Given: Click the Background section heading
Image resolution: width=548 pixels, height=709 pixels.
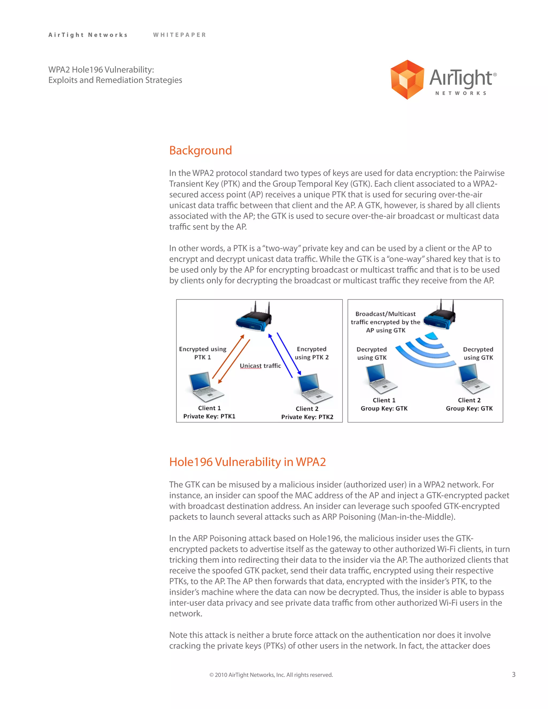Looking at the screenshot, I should pyautogui.click(x=200, y=150).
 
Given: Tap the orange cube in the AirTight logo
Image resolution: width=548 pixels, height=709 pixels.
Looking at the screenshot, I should pyautogui.click(x=407, y=79).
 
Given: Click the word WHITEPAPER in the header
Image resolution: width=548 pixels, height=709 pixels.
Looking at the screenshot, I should pyautogui.click(x=180, y=35).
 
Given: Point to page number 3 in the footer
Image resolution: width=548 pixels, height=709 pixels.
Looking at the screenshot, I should pyautogui.click(x=513, y=674).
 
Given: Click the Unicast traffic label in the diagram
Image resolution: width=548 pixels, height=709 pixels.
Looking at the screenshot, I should pyautogui.click(x=260, y=366).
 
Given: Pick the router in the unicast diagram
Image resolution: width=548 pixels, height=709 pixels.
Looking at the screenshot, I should pyautogui.click(x=254, y=318).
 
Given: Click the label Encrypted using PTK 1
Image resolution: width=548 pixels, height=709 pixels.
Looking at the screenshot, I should pyautogui.click(x=203, y=353).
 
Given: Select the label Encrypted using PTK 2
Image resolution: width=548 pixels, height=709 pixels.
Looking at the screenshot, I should pyautogui.click(x=311, y=353).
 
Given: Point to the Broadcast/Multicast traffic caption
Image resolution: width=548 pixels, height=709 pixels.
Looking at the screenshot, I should pyautogui.click(x=385, y=322).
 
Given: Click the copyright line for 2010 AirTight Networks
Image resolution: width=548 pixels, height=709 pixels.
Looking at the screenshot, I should pyautogui.click(x=271, y=674).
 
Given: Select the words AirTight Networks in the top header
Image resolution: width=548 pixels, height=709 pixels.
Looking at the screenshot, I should pyautogui.click(x=88, y=35).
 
